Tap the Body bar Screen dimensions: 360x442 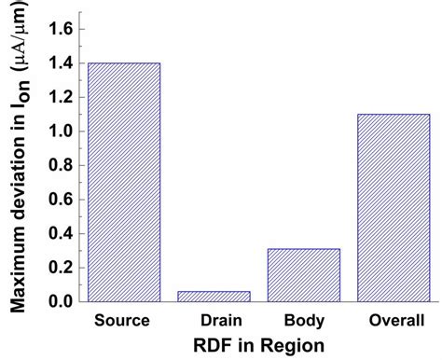[304, 275]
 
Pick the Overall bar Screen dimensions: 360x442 [394, 208]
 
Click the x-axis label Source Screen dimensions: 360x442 [123, 320]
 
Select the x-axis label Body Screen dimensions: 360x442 [303, 320]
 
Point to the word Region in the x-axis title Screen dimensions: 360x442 [293, 345]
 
